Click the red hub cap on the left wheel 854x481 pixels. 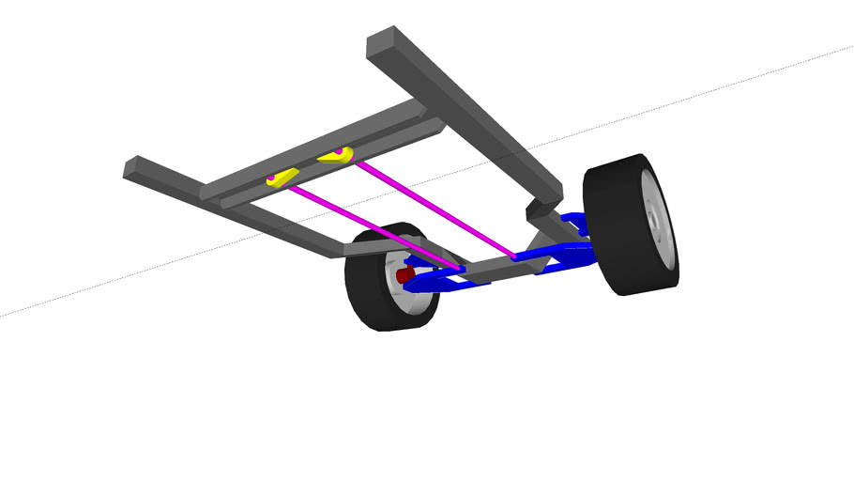tap(404, 275)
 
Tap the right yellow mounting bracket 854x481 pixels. tap(335, 155)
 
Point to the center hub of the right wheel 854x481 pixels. tap(654, 225)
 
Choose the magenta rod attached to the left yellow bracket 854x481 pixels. tap(375, 227)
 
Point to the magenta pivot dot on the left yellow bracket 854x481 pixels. tap(272, 177)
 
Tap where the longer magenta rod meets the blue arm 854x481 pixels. tap(514, 255)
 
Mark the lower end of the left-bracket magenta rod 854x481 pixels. tap(460, 270)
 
